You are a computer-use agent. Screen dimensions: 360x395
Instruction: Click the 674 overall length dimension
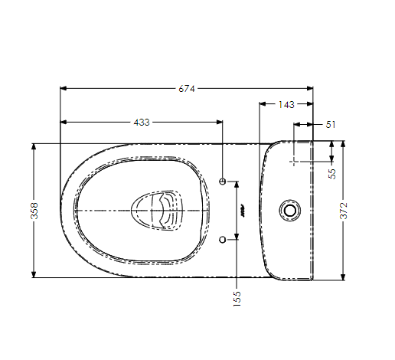pos(187,89)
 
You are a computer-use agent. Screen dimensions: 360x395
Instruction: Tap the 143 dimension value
pos(286,103)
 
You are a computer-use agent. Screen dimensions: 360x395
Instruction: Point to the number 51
pos(331,123)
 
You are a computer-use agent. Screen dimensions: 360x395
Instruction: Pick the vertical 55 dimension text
pos(331,173)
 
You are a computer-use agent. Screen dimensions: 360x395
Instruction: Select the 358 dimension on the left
pos(34,211)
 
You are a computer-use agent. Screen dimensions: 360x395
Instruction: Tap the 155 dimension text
pos(237,294)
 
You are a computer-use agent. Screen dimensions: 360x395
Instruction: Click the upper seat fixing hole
pos(223,182)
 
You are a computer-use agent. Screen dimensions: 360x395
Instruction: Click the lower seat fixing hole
pos(223,240)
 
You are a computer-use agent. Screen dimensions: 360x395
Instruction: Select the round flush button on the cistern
pos(290,208)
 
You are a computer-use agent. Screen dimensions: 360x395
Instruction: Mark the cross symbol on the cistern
pos(294,162)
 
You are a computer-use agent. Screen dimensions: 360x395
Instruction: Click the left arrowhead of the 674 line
pos(63,89)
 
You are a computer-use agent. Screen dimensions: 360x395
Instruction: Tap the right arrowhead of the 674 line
pos(310,89)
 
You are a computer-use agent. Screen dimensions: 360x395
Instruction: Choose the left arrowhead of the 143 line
pos(263,103)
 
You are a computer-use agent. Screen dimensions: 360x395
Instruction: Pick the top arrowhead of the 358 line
pos(34,146)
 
